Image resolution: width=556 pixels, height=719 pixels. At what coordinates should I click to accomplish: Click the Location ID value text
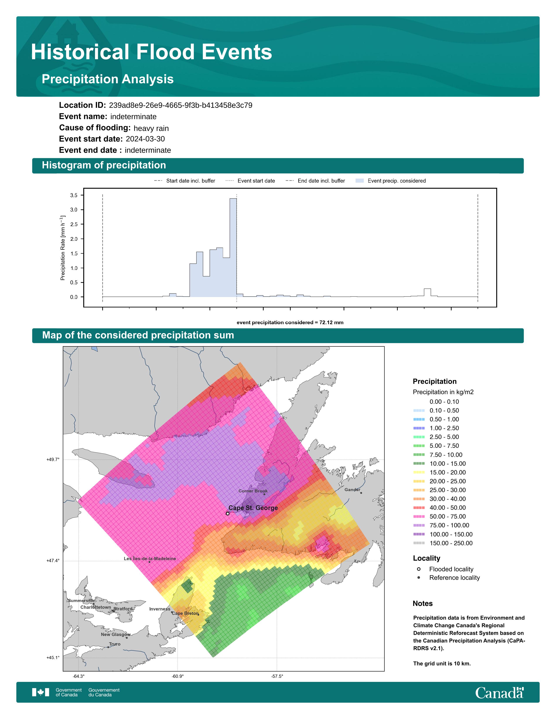pos(181,105)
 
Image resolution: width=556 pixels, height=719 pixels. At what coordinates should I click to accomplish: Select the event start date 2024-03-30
pos(145,139)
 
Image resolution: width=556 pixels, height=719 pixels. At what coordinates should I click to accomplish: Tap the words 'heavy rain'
pos(151,128)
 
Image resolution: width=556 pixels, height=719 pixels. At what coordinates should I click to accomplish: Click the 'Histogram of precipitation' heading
pos(104,165)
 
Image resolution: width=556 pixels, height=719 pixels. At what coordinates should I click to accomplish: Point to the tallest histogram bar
pos(233,248)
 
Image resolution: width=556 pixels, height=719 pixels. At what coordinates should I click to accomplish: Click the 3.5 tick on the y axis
pos(74,195)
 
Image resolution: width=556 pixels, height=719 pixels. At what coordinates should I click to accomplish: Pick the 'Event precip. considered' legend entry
pos(391,181)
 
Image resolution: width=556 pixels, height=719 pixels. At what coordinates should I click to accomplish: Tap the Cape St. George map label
pos(253,508)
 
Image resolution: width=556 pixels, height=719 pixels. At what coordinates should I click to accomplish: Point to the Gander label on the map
pos(352,490)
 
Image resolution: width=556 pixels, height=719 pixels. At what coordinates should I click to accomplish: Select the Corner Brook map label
pos(253,491)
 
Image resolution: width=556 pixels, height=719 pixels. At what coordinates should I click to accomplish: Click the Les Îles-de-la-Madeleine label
pos(150,559)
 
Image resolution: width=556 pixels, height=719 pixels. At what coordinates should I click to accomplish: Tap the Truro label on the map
pos(115,644)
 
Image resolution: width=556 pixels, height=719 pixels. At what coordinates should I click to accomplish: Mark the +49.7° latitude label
pos(53,460)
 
